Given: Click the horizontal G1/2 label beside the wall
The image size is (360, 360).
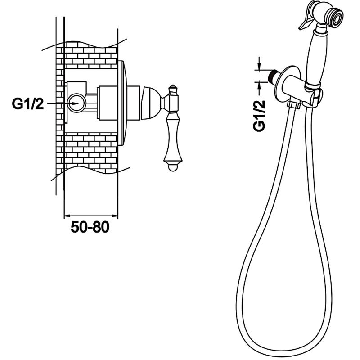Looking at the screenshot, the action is (x=28, y=104).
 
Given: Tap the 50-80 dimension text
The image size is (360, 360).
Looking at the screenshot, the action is (x=90, y=227).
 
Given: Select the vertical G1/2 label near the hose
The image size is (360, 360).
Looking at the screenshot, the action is (x=259, y=116).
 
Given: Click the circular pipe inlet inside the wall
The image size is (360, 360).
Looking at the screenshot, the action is (x=77, y=103).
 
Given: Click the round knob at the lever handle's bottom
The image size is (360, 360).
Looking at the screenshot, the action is (x=173, y=167).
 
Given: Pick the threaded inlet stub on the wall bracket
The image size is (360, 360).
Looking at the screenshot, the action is (x=273, y=75).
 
